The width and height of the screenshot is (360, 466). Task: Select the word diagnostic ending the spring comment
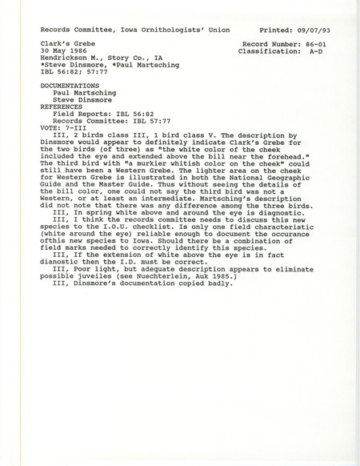(x=246, y=229)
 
